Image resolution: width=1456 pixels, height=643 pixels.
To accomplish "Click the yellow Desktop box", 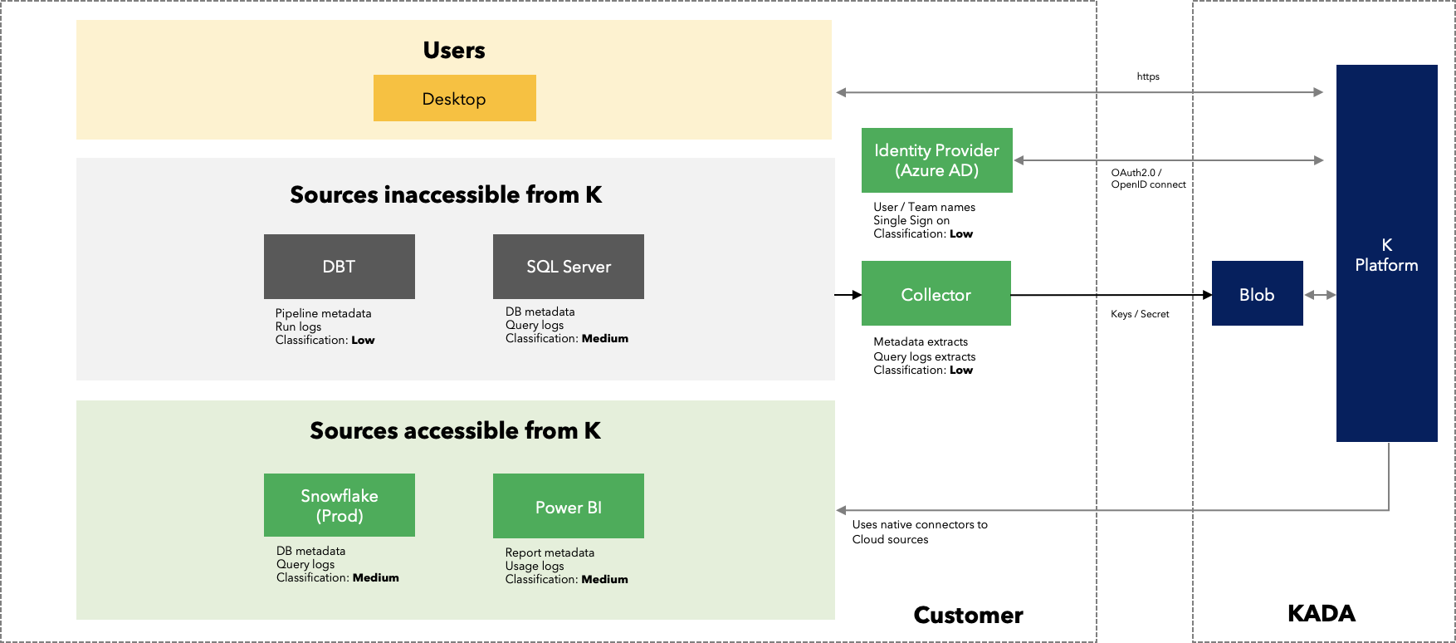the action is pos(455,98).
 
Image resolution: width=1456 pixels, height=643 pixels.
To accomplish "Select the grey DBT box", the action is pos(340,267).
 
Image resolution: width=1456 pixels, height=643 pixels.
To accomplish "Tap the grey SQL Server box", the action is pos(569,267).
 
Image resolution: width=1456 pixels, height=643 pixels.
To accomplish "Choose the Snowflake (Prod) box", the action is pos(340,505).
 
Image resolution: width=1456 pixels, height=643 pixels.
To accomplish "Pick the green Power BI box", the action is pos(569,506).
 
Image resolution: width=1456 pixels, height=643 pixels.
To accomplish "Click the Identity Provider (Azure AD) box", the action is pos(937,160).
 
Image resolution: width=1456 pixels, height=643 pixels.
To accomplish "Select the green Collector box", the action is pos(936,293).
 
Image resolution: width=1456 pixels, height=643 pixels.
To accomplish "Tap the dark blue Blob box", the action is pos(1258,293).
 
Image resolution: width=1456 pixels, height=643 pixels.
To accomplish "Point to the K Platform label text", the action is pos(1386,255).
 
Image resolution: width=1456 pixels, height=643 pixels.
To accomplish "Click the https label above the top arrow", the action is pos(1148,76).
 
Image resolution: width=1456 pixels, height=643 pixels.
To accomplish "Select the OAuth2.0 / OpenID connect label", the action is pos(1149,179).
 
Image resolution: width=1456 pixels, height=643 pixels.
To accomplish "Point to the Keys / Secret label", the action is pos(1140,314).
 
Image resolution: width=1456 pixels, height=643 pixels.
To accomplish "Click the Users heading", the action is pos(454,50).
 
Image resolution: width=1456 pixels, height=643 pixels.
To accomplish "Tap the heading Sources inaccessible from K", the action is pos(446,194).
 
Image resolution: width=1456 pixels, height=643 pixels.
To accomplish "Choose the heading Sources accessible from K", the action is pos(455,430).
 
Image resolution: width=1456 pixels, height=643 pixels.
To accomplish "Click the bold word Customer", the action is pos(968,615).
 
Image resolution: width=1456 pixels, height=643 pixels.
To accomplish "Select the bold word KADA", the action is pos(1321,613).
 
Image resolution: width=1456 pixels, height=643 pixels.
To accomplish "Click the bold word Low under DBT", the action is pos(363,340).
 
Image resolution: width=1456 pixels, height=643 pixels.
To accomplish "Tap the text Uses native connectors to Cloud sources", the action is pos(920,532).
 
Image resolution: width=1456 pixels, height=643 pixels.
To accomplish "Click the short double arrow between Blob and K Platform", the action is pos(1320,295).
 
